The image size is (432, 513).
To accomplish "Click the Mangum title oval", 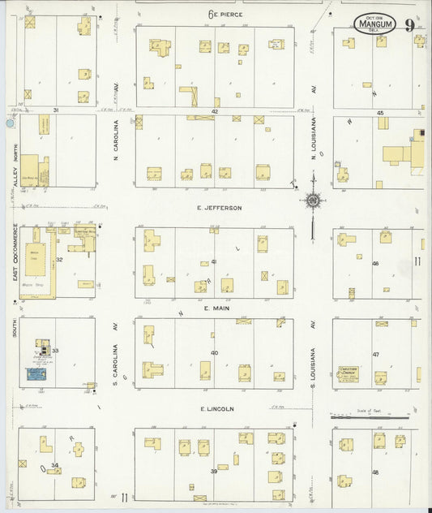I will pos(375,24).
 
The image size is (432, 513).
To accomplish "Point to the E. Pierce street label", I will pos(225,14).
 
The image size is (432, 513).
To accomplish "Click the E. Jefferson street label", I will pos(219,208).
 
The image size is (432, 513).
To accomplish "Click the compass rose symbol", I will pos(312,200).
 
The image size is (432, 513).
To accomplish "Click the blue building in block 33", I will pos(36,373).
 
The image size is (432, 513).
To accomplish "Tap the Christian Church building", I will pos(349,375).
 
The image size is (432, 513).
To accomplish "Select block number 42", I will pos(215,110).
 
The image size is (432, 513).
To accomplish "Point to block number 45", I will pos(379,112).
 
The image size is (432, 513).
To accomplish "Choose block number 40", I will pos(215,352).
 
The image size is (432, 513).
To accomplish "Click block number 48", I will pos(375,472).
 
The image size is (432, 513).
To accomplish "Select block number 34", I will pos(54,465).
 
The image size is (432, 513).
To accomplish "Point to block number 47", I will pos(375,355).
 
